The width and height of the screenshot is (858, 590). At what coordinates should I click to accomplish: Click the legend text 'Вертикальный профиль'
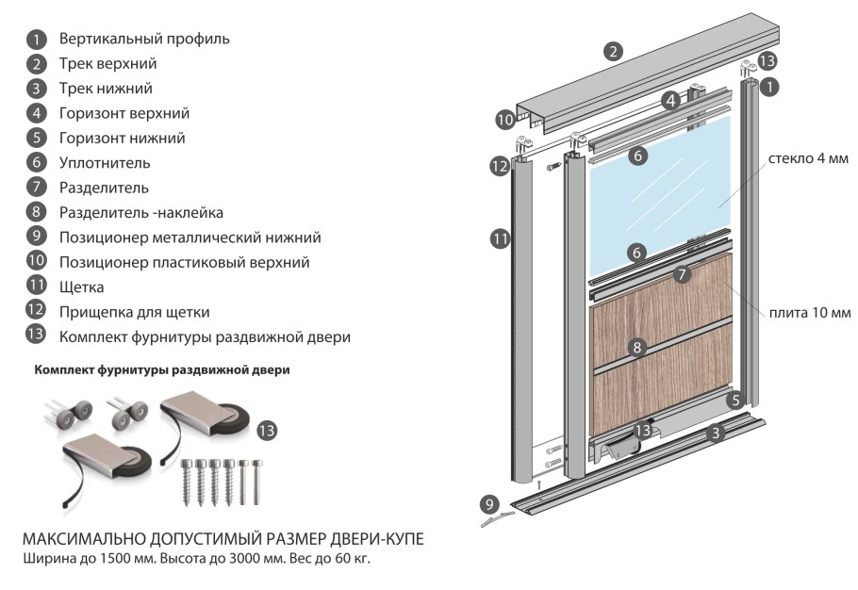[143, 40]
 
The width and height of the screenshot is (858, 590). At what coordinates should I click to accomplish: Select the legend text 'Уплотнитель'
[104, 162]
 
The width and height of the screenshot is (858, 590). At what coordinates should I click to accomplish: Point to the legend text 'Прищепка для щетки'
[134, 311]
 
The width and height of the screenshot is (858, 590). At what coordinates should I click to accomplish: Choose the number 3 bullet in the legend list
[36, 89]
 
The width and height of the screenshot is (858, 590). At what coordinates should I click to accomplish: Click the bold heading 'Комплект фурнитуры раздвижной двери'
[161, 370]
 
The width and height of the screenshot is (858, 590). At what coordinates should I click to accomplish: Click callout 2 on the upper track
[614, 53]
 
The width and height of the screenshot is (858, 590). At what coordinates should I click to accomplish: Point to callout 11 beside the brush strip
[500, 239]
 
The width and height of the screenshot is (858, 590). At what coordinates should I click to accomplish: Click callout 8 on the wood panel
[637, 348]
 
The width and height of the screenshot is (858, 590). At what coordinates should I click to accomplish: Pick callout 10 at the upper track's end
[505, 120]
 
